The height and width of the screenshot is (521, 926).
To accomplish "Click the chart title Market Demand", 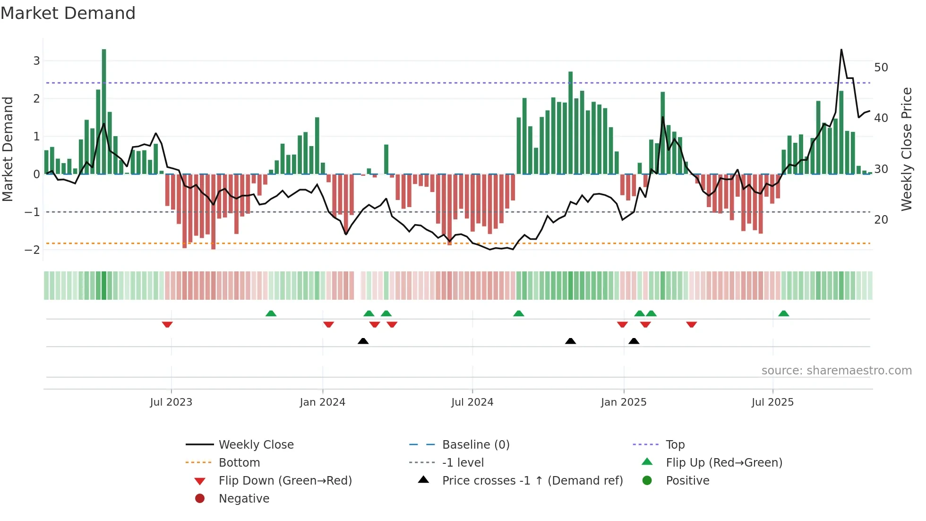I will pos(68,13).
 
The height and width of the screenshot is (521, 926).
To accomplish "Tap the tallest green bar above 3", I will pos(104,111).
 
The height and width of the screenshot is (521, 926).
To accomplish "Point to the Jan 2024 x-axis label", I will pos(322,402).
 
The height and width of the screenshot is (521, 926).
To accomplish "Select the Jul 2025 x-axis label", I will pos(772,402).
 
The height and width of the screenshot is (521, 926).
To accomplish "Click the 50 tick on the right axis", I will pos(881,68).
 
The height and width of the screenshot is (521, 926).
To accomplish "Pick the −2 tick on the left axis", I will pos(33,250).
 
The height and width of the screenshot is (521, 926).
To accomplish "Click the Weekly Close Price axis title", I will pos(906,149).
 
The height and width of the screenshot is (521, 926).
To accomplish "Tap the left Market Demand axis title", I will pos(8,149).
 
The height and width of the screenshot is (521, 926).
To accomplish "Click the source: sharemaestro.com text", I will pos(836,371).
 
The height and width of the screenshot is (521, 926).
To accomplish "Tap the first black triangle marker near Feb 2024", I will pos(363,341).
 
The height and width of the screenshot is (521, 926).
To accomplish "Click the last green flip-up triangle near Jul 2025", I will pos(783,313).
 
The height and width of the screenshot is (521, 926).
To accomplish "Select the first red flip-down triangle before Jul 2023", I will pos(167,324).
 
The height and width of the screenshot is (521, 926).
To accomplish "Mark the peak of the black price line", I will pos(841,50).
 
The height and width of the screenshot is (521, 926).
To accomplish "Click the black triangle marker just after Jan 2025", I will pos(634,341).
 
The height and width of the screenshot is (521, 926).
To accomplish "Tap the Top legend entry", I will pos(675,445).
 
